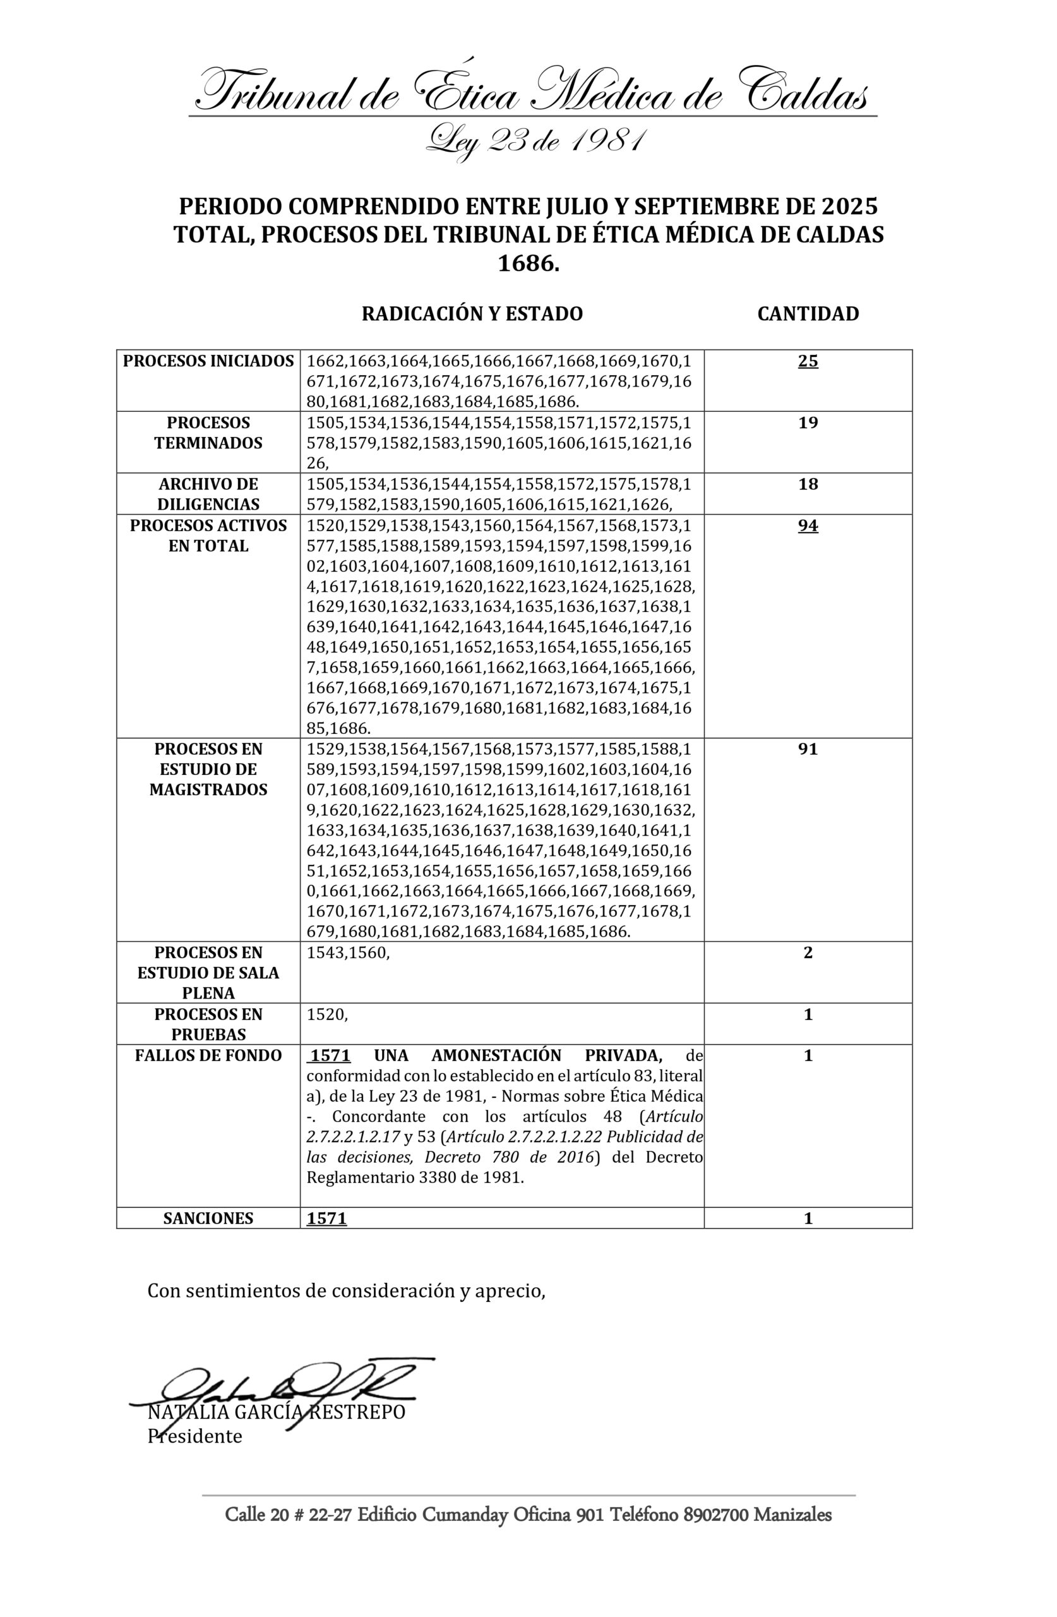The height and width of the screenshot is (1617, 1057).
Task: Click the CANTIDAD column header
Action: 807,314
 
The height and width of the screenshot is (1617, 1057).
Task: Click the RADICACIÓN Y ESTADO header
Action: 472,314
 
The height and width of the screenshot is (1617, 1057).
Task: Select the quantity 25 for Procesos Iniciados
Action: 808,361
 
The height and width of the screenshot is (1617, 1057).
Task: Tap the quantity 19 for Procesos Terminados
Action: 808,423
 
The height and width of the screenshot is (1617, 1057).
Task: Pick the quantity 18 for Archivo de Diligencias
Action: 808,484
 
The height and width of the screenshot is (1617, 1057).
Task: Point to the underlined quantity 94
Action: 808,526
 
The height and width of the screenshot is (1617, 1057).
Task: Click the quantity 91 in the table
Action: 808,748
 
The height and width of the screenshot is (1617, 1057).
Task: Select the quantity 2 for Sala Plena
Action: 808,953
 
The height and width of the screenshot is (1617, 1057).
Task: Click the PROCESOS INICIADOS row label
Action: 208,361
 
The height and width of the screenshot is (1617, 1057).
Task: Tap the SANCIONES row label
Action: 208,1218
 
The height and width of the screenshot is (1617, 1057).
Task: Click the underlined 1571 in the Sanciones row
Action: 326,1218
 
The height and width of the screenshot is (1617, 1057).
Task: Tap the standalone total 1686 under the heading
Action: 528,263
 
